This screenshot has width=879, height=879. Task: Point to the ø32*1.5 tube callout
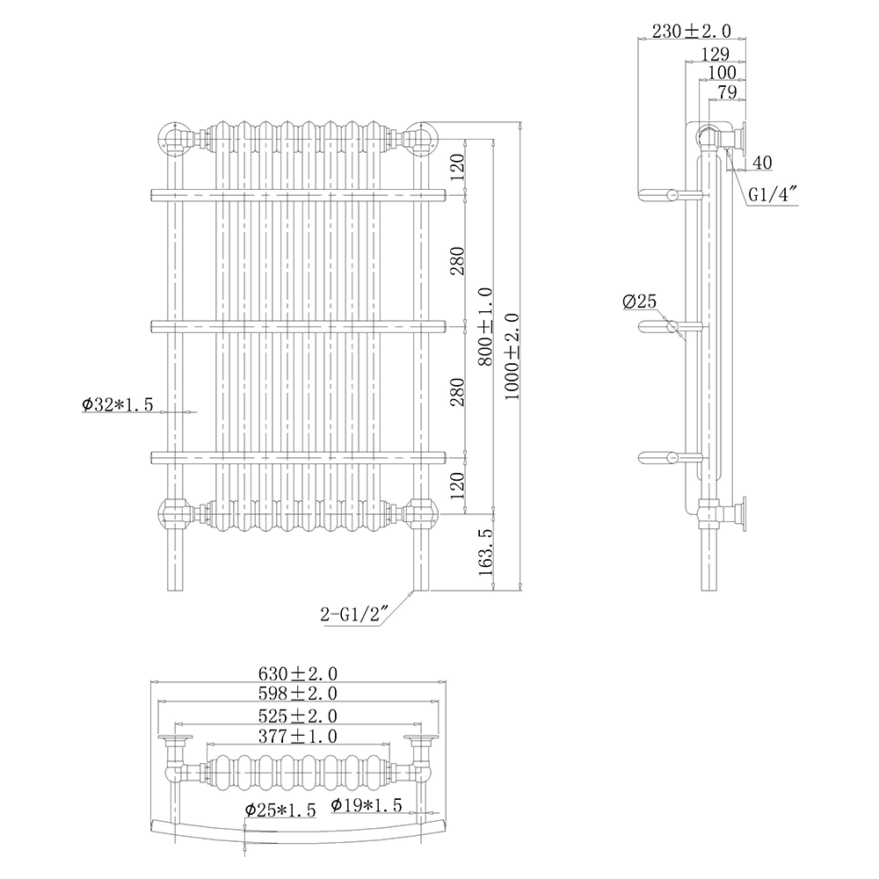point(118,404)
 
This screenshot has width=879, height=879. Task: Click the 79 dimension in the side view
point(726,91)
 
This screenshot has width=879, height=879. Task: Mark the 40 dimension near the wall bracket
point(762,162)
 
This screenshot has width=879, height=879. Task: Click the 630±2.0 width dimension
point(298,673)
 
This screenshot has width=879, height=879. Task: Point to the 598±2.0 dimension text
point(298,694)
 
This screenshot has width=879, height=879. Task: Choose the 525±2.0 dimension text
point(298,716)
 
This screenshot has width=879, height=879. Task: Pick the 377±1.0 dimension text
point(298,736)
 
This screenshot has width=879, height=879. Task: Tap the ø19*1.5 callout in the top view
point(367,804)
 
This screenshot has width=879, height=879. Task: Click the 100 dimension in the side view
point(721,72)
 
